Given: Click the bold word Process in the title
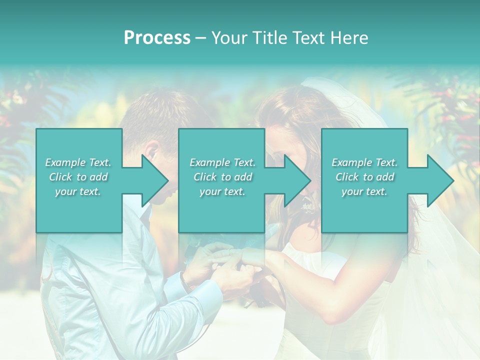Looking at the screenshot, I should (157, 38).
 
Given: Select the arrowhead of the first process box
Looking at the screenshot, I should (154, 180).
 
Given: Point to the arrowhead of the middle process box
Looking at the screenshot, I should (297, 180).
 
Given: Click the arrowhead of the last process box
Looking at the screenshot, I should (440, 180).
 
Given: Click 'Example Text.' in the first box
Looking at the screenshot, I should (78, 162).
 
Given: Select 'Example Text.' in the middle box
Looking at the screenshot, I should (222, 162).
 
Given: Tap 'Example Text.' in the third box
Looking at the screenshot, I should (364, 162).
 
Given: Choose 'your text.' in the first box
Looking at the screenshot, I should (78, 191).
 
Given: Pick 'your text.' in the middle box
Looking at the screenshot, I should (222, 191).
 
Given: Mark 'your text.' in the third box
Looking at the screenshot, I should (364, 191).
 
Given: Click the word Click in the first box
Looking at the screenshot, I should (61, 177).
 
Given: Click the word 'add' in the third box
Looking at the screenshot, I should (384, 177).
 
